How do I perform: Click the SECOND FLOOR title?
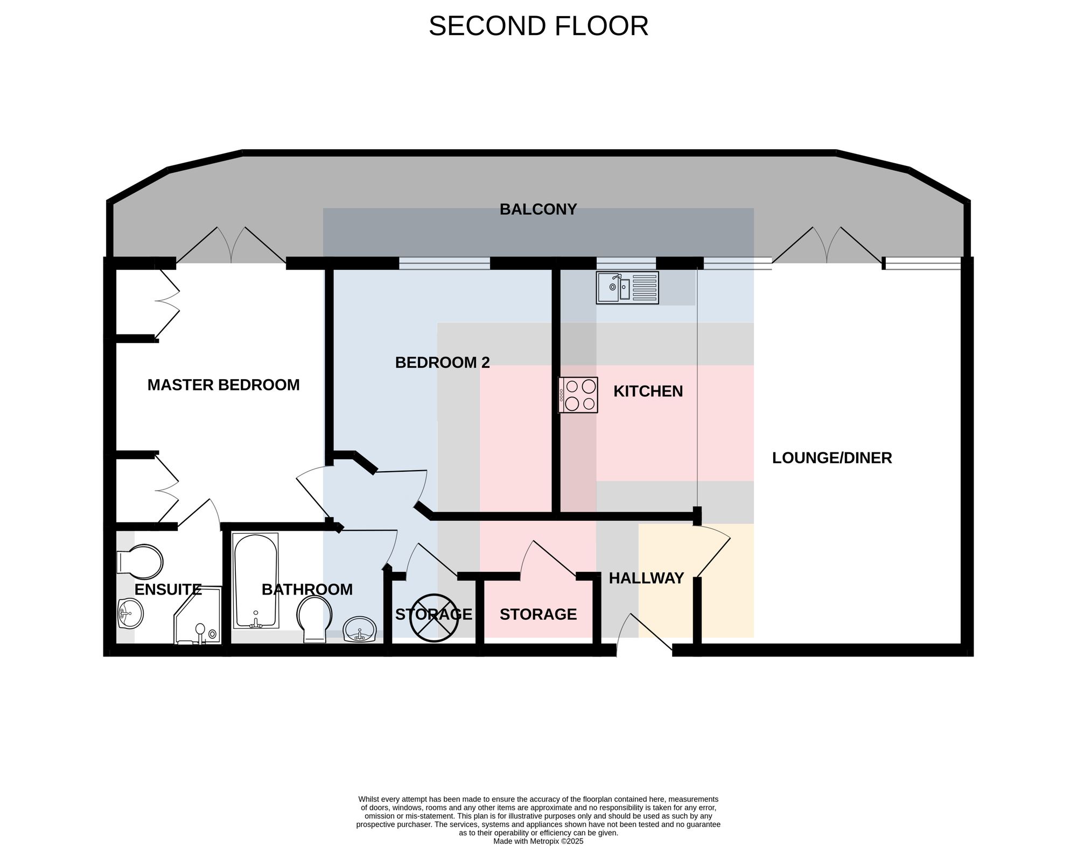pos(538,26)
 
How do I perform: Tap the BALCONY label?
pos(538,209)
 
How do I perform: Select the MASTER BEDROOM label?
pos(223,385)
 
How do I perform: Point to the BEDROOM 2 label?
pos(443,362)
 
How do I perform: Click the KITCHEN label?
pos(648,391)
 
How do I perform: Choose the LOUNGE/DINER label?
pos(832,458)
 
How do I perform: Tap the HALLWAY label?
pos(646,578)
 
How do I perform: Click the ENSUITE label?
pos(168,590)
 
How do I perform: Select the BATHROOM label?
pos(307,590)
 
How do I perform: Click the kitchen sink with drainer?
pos(627,288)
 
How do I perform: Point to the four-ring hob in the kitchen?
pos(578,395)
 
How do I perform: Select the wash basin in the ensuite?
pos(130,613)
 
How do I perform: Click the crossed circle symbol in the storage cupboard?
pos(434,618)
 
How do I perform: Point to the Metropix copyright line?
pos(538,841)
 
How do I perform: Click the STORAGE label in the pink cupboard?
pos(538,614)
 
